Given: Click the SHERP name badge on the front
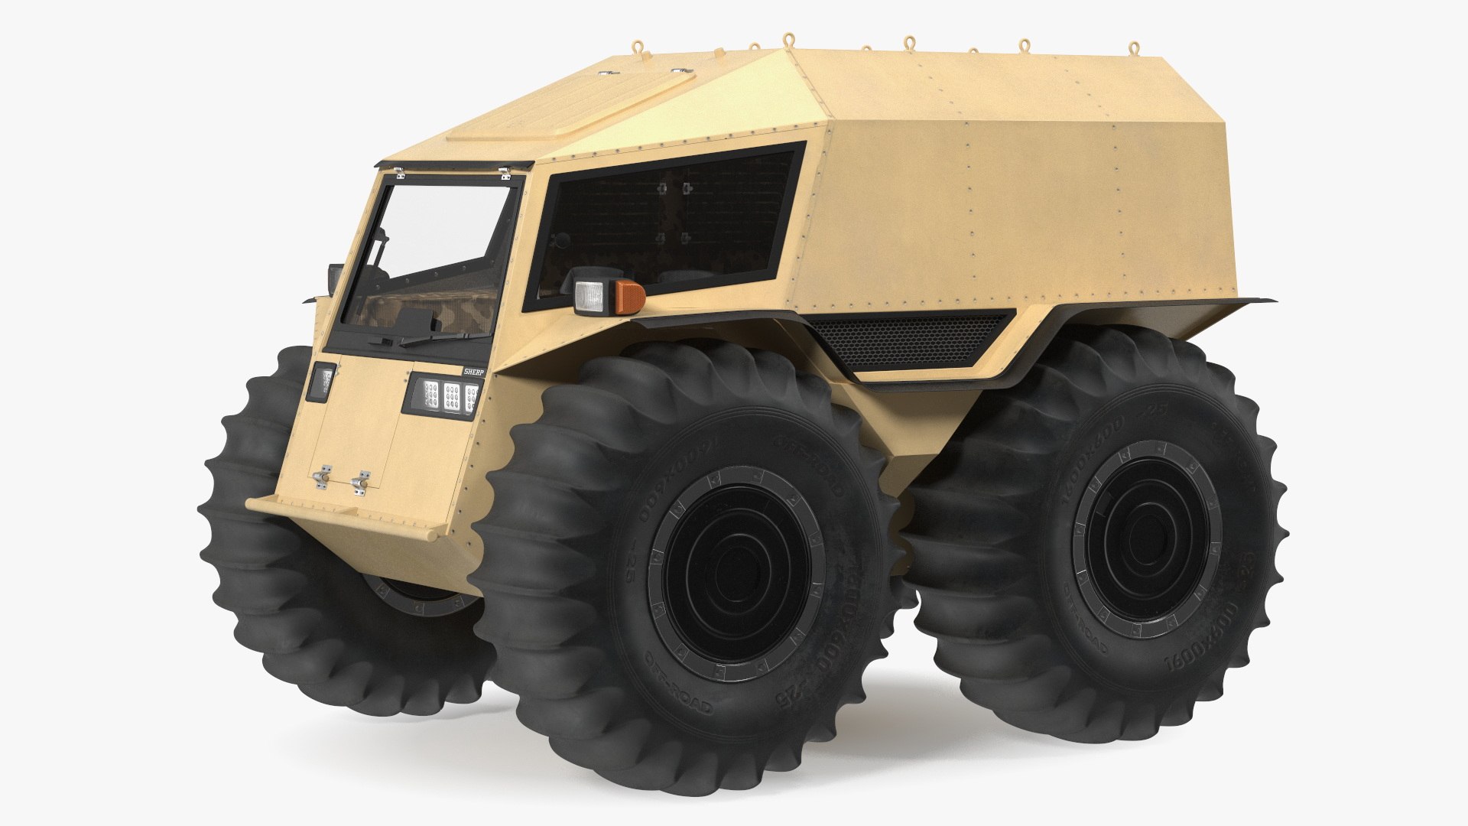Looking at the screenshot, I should [x=473, y=370].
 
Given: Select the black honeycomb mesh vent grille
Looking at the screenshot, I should [x=910, y=337].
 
